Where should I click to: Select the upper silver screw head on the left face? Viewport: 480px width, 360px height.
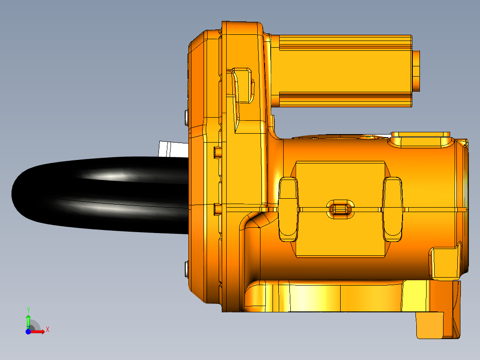pos(186,117)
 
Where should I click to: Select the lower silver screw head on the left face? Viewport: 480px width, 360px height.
pos(186,268)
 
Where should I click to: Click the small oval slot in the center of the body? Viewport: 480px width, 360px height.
pos(341,209)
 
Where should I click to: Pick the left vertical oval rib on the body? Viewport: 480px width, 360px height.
pos(288,209)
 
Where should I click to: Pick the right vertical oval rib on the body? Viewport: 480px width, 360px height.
pos(393,209)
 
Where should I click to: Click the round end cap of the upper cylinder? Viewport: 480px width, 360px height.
pos(417,70)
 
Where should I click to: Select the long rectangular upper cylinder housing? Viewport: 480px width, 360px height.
pos(343,70)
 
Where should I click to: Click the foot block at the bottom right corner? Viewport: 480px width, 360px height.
pos(430,324)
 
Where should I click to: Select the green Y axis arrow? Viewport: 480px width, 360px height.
pos(28,320)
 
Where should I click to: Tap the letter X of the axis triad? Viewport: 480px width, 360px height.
pos(47,329)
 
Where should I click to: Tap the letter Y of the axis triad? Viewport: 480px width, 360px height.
pos(28,309)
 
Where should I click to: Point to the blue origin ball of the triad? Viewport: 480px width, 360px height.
pos(28,331)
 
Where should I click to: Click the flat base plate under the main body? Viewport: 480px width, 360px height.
pos(334,299)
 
